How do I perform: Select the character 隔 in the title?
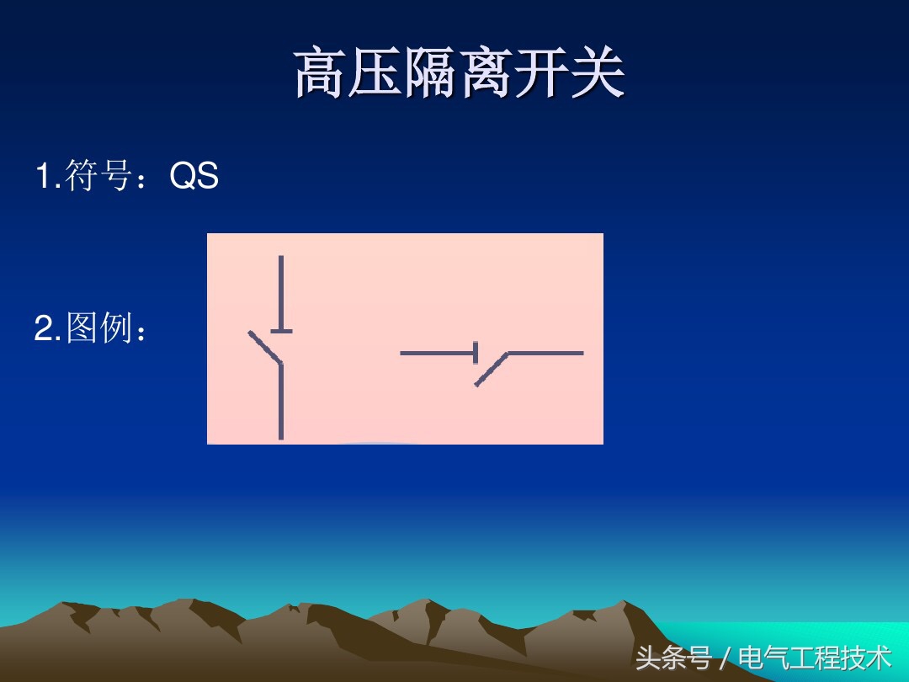pos(432,74)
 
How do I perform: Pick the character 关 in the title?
pos(598,74)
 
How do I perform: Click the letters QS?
pos(194,177)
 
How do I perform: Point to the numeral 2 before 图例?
pos(43,329)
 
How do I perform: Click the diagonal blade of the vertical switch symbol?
pos(264,348)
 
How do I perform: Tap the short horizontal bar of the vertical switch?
pos(281,331)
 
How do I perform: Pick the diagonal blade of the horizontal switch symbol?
pos(492,370)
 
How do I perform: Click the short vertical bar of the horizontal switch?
pos(476,353)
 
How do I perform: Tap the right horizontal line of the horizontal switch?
pos(545,353)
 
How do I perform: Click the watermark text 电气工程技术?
pos(814,657)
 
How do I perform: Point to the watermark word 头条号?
pos(673,657)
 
